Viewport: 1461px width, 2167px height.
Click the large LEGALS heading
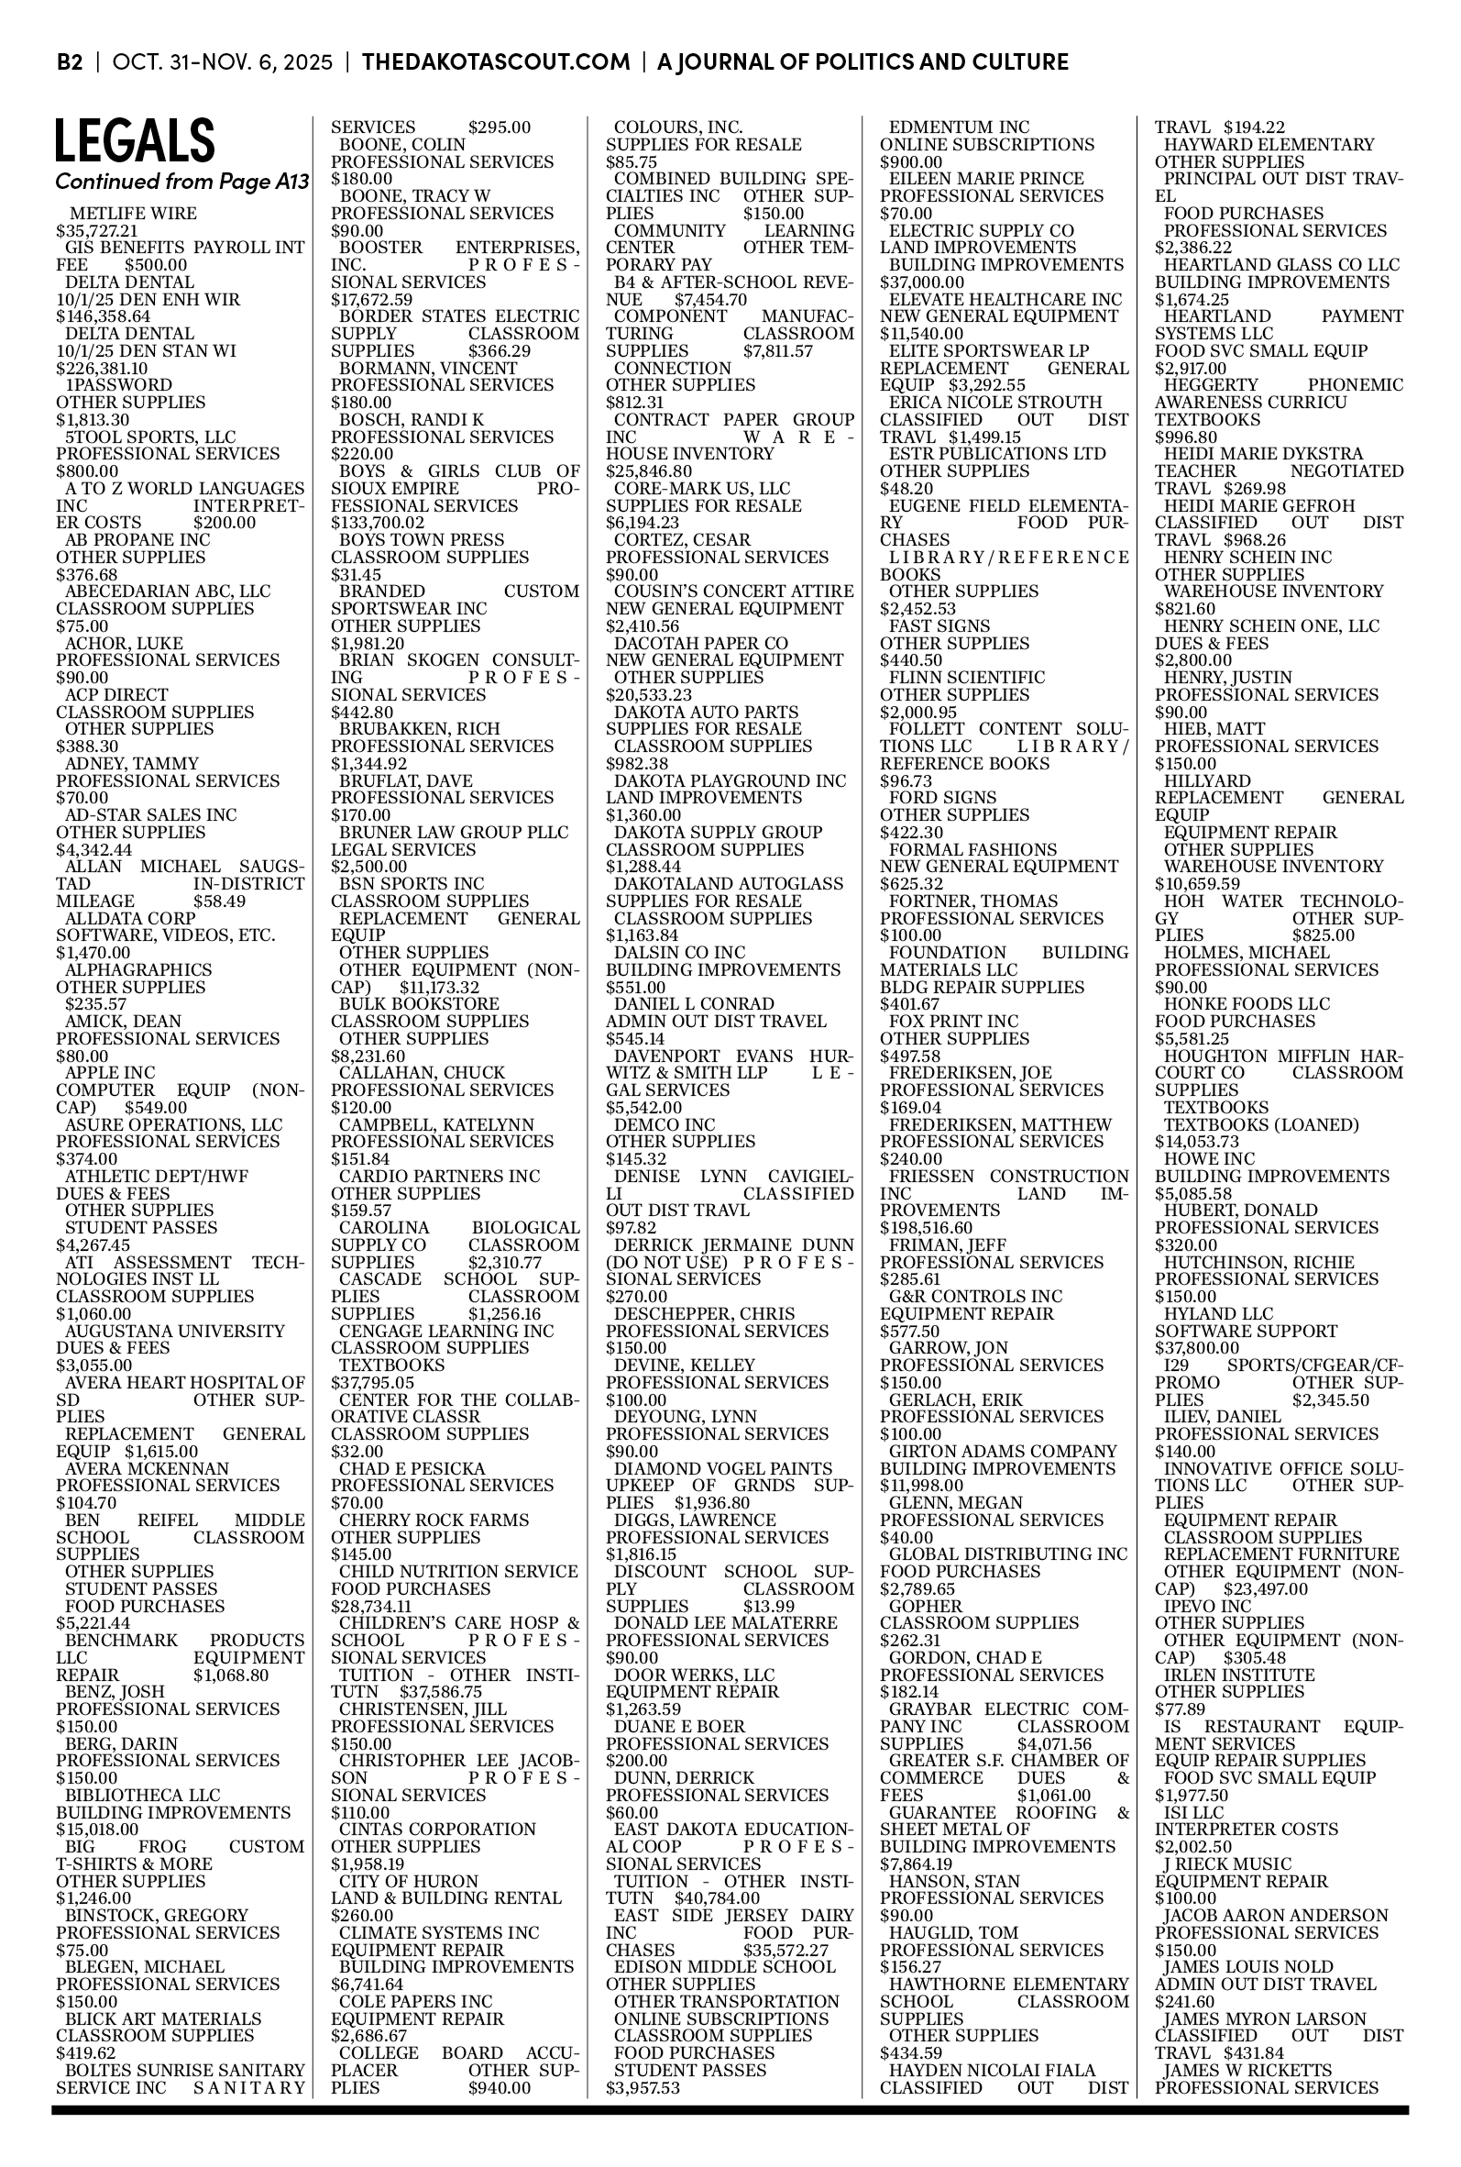pos(135,140)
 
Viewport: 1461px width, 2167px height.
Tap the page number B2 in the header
pos(70,62)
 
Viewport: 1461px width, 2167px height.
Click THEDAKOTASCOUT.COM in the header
pos(496,62)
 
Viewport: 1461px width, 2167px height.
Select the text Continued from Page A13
pos(181,182)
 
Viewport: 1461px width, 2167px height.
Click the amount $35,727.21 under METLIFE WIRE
pos(97,231)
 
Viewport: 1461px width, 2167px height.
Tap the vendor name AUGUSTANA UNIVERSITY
pos(175,1331)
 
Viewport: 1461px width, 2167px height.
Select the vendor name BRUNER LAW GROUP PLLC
pos(454,833)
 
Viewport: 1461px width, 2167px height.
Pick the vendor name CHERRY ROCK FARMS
pos(434,1520)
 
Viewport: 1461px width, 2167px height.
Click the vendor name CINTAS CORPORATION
pos(437,1830)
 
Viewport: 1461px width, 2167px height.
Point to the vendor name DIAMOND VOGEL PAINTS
pos(723,1469)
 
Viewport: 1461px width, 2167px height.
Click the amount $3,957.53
pos(643,2088)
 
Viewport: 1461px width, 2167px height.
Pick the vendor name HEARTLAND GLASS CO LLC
pos(1281,265)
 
